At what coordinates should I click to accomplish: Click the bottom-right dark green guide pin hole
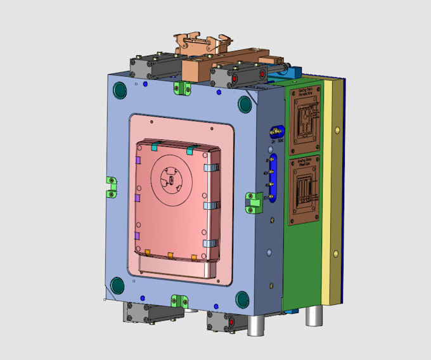click(x=242, y=299)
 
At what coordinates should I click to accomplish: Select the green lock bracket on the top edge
click(x=183, y=89)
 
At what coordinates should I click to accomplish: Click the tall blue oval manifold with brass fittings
click(x=273, y=178)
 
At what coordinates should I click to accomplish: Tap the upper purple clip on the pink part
click(x=138, y=162)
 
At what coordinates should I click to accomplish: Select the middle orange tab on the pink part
click(x=171, y=255)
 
